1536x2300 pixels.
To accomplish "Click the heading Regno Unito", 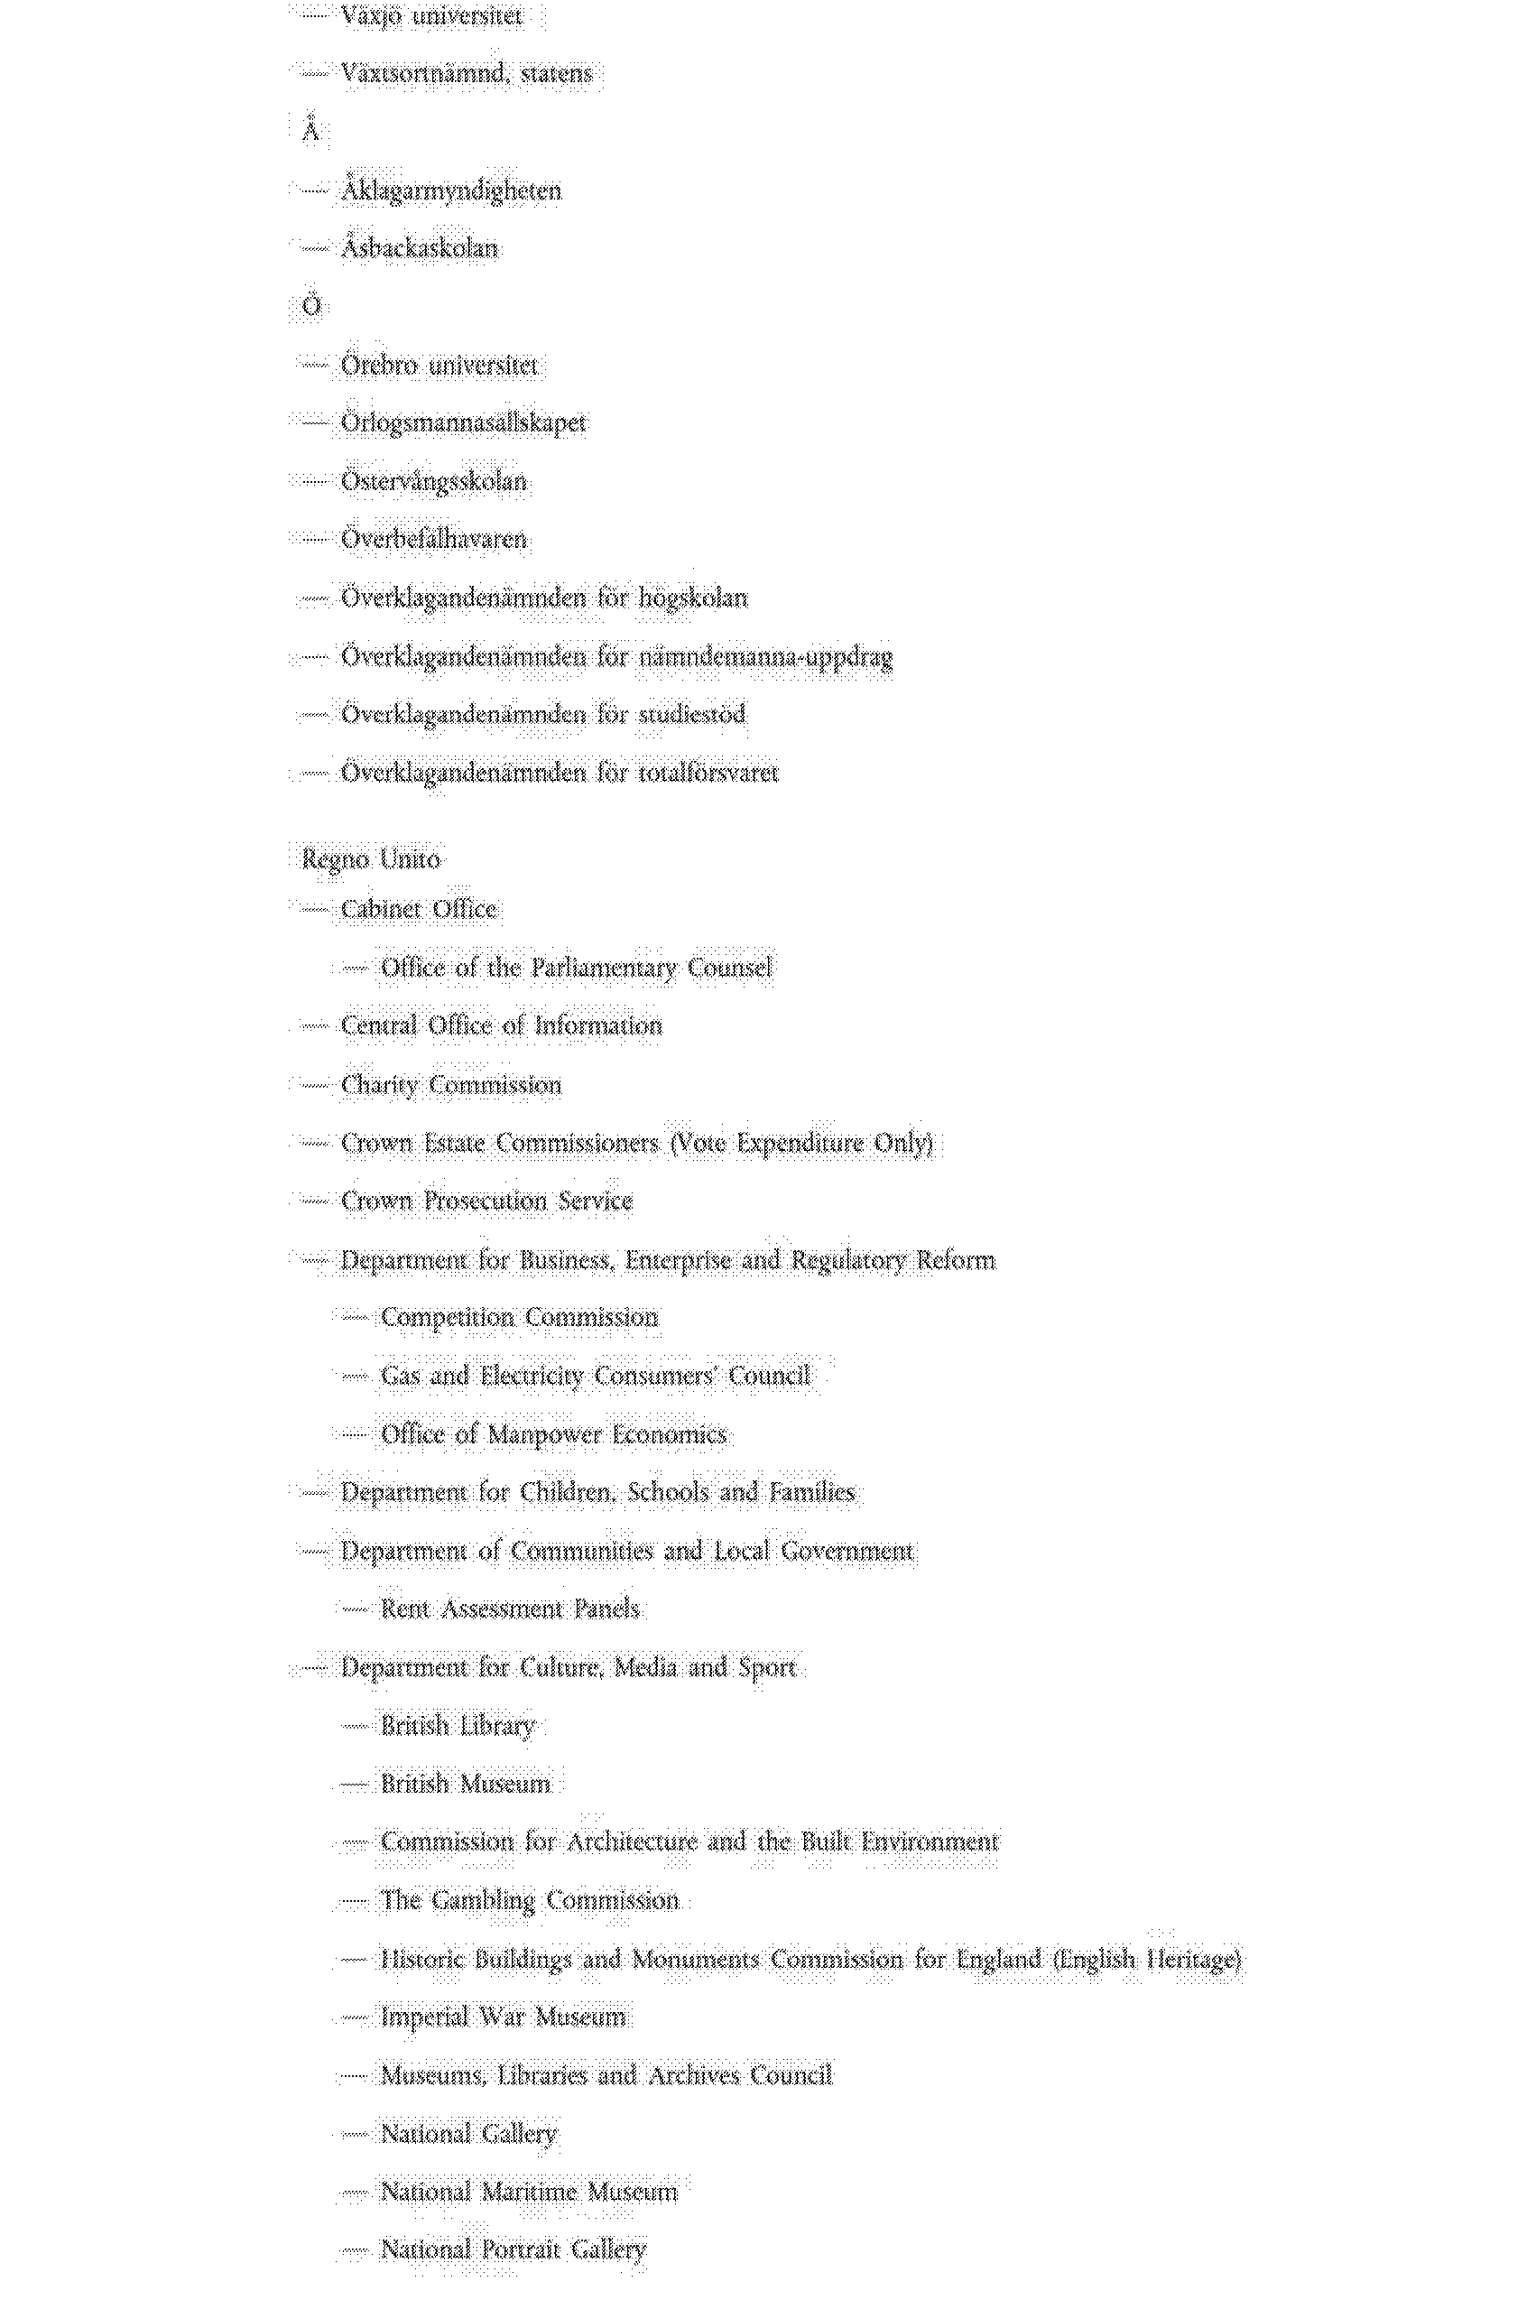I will pyautogui.click(x=370, y=859).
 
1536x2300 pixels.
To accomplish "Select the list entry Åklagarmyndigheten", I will pyautogui.click(x=450, y=190).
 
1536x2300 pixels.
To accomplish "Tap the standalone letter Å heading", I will pyautogui.click(x=310, y=130).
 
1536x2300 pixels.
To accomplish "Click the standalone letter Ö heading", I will pyautogui.click(x=310, y=306).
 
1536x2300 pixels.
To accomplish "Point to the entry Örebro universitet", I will pyautogui.click(x=439, y=366).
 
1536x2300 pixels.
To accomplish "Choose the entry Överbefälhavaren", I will pyautogui.click(x=433, y=539).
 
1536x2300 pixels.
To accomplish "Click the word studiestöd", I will pyautogui.click(x=691, y=714).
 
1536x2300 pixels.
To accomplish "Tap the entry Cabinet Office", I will pyautogui.click(x=418, y=909).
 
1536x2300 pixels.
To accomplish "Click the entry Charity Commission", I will pyautogui.click(x=450, y=1084).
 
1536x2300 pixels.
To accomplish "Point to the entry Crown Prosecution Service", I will pyautogui.click(x=486, y=1201).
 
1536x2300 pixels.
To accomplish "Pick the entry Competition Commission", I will pyautogui.click(x=519, y=1318).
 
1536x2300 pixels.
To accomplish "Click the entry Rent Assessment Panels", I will pyautogui.click(x=509, y=1609).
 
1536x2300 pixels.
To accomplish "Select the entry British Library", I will pyautogui.click(x=458, y=1725).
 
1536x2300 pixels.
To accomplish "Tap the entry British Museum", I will pyautogui.click(x=466, y=1783).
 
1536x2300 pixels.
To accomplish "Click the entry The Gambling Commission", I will pyautogui.click(x=529, y=1900).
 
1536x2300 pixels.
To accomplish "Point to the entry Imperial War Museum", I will pyautogui.click(x=503, y=2016).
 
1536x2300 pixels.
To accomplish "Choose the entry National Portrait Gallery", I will pyautogui.click(x=514, y=2249).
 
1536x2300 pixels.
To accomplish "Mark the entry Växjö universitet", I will pyautogui.click(x=431, y=15).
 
